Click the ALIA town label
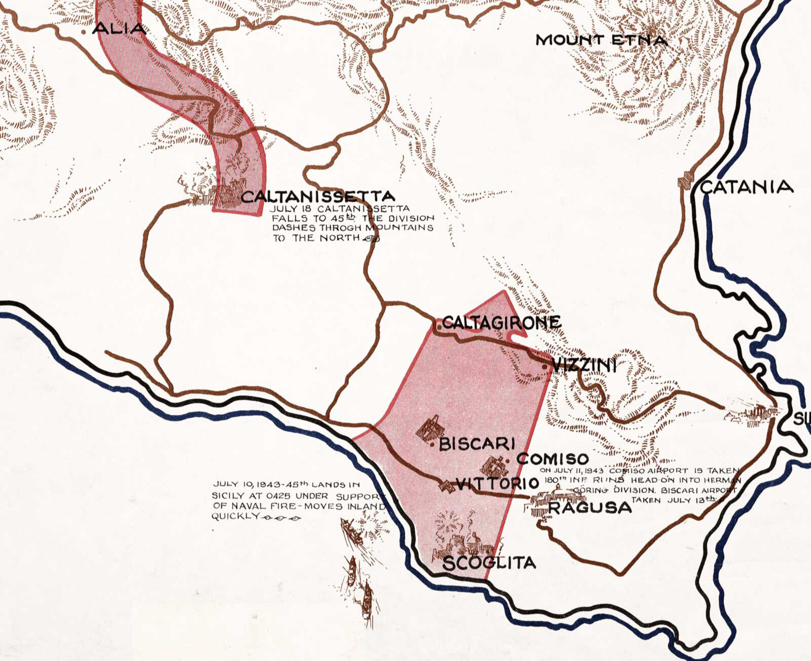(120, 29)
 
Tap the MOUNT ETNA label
(601, 40)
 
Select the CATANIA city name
(746, 187)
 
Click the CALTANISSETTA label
(318, 197)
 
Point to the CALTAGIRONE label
(501, 322)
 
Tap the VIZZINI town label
(583, 365)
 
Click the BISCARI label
(476, 444)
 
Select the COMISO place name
(552, 459)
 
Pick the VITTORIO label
(497, 484)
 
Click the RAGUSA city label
(590, 508)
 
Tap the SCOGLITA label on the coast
(489, 563)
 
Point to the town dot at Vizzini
(544, 366)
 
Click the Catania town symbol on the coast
(685, 181)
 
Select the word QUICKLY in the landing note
(235, 517)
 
